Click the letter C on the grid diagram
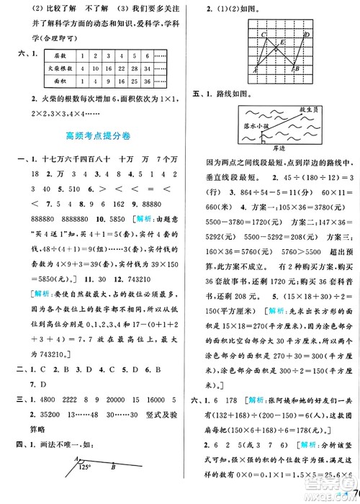[x=263, y=35]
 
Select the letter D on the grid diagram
[x=308, y=35]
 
